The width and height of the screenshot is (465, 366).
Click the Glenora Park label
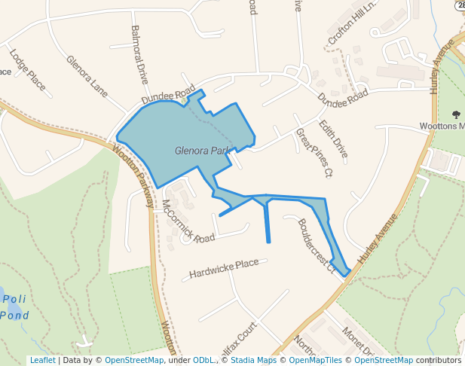tap(202, 151)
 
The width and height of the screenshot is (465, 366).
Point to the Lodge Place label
tap(28, 70)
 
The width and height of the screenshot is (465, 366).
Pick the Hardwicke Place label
tap(224, 267)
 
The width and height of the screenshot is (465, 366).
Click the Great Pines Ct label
tap(314, 153)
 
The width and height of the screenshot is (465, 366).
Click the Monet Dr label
tap(357, 340)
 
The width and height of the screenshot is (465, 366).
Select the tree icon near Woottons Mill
tap(456, 114)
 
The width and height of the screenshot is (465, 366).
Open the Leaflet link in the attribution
tap(42, 360)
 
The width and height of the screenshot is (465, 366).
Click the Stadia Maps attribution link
tap(253, 360)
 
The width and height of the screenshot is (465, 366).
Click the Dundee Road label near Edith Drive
tap(342, 97)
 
